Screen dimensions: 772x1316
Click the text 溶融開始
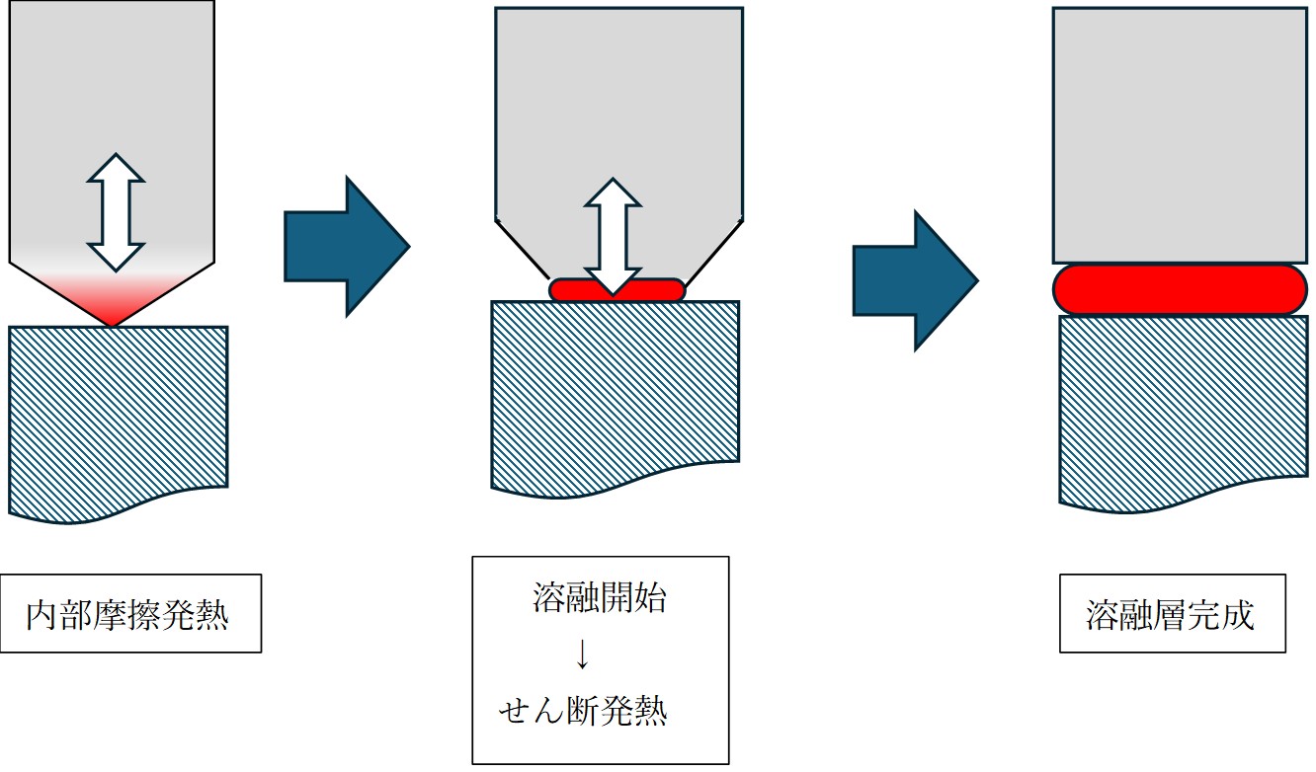click(x=599, y=599)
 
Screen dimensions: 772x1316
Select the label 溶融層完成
click(x=1171, y=615)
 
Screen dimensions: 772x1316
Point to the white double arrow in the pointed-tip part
click(x=116, y=211)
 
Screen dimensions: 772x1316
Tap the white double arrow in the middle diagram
click(x=614, y=236)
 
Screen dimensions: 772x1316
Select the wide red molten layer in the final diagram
click(x=1180, y=289)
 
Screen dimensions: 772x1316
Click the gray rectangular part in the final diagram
click(x=1180, y=133)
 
